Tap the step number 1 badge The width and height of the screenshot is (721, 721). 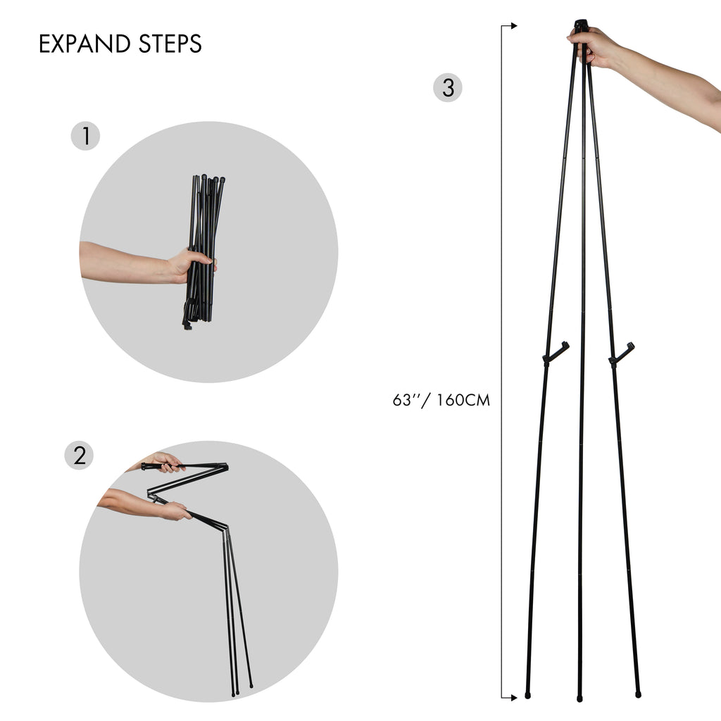86,136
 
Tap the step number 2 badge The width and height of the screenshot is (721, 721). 79,456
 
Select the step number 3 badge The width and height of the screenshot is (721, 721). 448,88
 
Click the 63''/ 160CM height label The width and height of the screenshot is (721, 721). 441,401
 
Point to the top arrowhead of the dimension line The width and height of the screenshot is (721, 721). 513,26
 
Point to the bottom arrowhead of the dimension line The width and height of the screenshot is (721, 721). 513,697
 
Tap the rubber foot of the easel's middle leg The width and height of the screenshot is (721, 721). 580,698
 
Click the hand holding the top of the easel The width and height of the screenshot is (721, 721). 595,46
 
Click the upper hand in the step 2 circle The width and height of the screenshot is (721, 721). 163,461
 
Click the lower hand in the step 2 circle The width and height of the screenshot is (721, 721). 173,510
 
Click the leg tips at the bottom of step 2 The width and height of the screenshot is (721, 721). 241,689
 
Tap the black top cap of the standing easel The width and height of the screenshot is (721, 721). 581,25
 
